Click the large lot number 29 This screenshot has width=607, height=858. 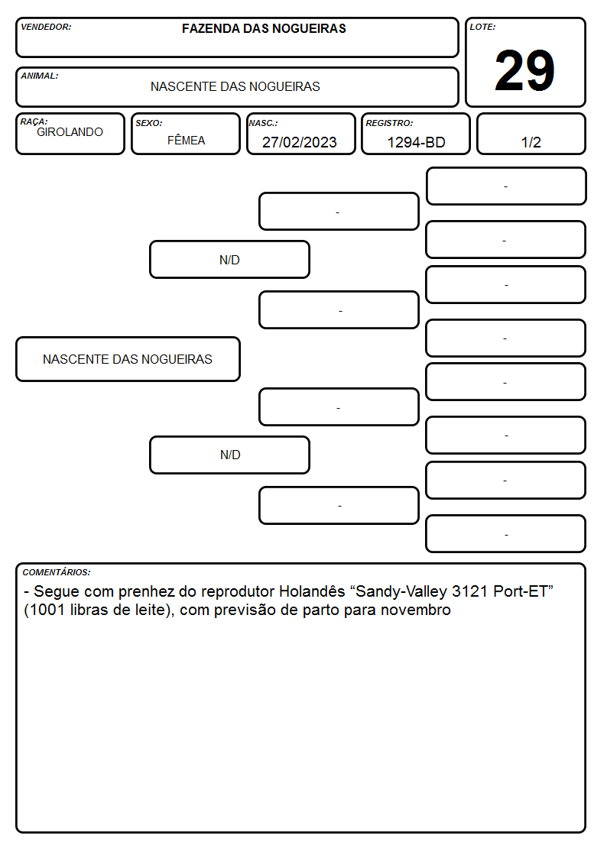tap(524, 70)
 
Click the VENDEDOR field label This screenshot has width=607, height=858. tap(46, 27)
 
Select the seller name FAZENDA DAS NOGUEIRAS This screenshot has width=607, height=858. tap(264, 28)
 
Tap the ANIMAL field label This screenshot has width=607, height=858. tap(40, 76)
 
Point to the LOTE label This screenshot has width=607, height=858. tap(482, 27)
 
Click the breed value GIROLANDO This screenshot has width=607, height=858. tap(70, 132)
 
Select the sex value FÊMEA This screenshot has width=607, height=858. tap(186, 141)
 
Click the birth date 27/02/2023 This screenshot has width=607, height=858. tap(300, 142)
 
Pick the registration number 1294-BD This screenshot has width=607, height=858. tap(416, 142)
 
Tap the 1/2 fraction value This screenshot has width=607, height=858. tap(531, 142)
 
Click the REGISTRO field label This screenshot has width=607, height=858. tap(389, 124)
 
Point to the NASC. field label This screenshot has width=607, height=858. tap(263, 124)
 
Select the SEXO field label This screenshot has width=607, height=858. tap(149, 124)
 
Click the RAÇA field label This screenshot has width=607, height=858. tap(34, 122)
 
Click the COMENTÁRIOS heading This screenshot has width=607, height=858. tap(57, 572)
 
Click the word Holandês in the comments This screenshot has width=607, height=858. tap(312, 591)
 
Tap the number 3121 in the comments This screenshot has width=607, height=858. tap(470, 591)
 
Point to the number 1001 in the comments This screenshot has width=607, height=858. tap(47, 610)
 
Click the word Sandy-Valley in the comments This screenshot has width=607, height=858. tap(401, 592)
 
